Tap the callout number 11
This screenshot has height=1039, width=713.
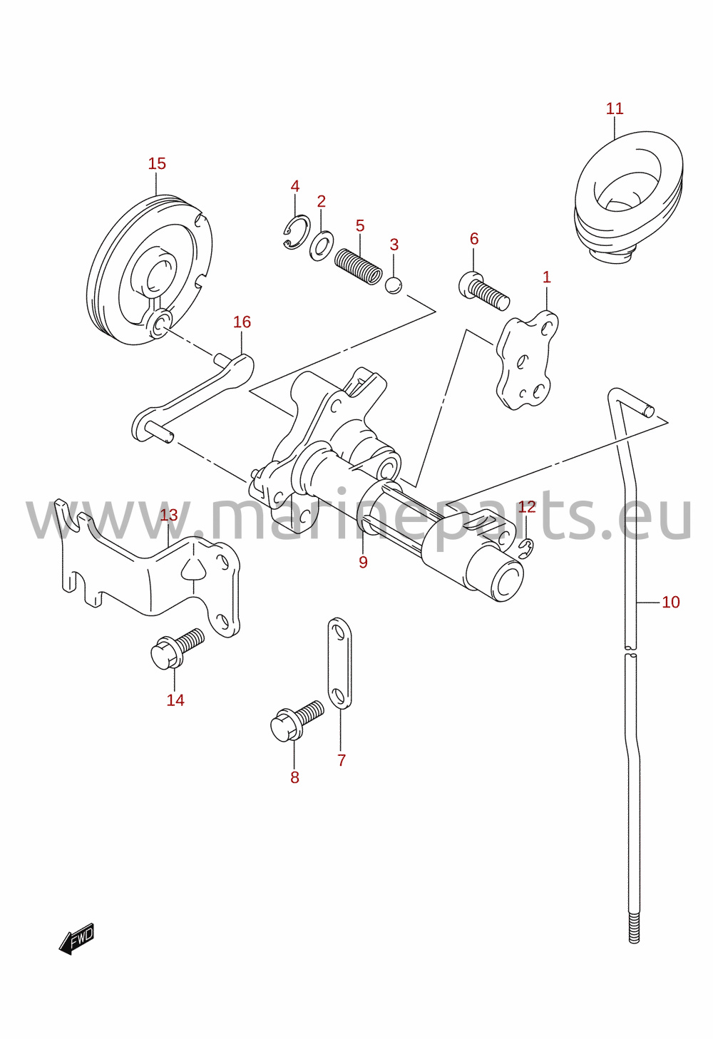[x=615, y=108]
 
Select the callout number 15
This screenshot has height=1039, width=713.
[x=157, y=163]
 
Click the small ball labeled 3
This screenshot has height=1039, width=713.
[x=394, y=285]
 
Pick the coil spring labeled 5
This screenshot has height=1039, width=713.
[x=359, y=267]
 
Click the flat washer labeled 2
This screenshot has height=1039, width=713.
[x=321, y=245]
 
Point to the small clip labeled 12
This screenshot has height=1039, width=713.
[x=526, y=548]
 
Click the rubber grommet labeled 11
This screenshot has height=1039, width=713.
[x=629, y=195]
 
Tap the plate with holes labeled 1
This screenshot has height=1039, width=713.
[x=528, y=361]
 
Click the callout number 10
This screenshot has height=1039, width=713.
[x=671, y=602]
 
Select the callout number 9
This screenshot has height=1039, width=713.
[x=363, y=562]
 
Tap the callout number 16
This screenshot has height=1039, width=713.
[x=242, y=322]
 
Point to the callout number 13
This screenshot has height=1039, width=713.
[x=169, y=515]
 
